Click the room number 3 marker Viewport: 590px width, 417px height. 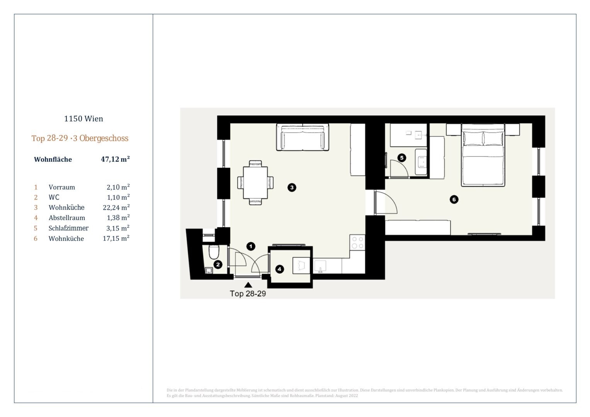point(292,187)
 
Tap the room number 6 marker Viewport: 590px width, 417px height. point(454,200)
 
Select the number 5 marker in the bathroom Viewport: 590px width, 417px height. point(402,158)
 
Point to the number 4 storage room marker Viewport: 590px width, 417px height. point(279,269)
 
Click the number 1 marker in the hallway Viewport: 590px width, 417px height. point(251,246)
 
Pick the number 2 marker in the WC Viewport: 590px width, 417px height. point(218,264)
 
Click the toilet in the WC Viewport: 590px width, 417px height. point(214,252)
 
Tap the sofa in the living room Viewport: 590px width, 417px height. point(303,137)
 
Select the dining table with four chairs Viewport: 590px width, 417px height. point(255,182)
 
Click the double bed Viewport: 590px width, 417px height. point(483,155)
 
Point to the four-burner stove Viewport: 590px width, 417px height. point(357,242)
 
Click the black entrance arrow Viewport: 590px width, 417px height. point(248,285)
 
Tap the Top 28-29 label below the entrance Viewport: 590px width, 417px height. point(248,293)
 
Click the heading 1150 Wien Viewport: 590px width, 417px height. point(83,119)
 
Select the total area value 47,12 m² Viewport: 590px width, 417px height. point(116,159)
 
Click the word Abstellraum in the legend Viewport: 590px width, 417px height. point(67,218)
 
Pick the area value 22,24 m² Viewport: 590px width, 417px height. point(116,207)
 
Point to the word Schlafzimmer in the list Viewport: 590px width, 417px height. point(68,228)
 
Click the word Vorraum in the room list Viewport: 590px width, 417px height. point(62,187)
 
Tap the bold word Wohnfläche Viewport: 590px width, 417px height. point(53,159)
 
